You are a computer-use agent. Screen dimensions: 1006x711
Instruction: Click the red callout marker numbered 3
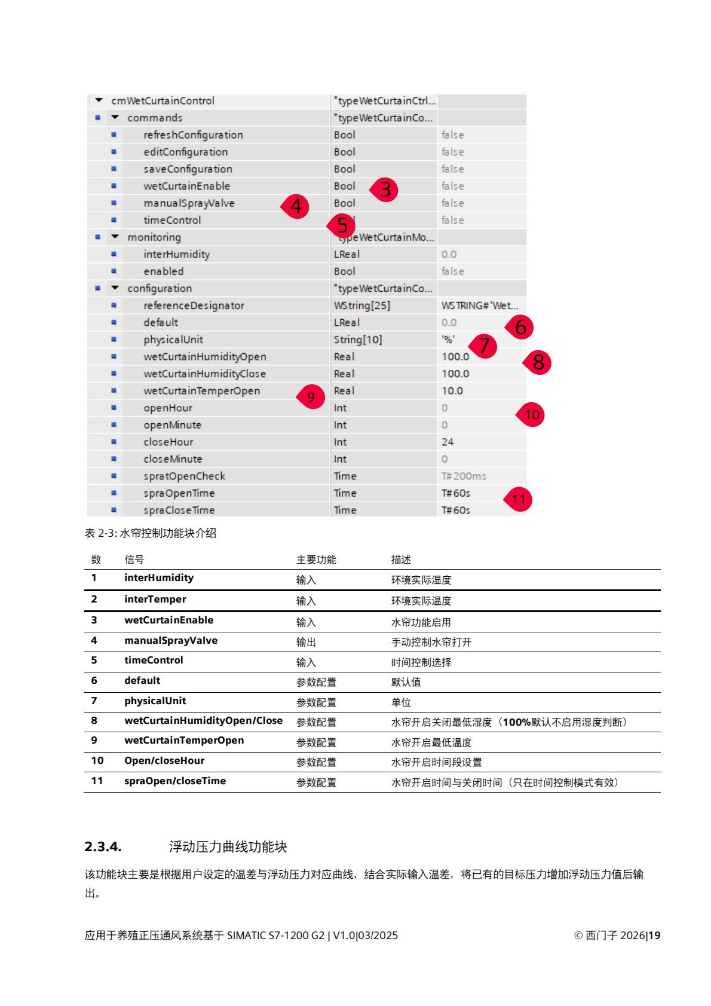tap(385, 189)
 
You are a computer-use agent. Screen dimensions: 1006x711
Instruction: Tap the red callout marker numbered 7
tap(483, 346)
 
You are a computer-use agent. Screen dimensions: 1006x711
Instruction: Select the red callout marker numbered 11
tap(518, 499)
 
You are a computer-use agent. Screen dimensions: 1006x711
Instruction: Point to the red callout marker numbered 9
tap(311, 397)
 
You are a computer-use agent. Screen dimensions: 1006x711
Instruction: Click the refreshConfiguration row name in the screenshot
tap(193, 135)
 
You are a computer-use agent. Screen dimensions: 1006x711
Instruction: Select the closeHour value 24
tap(448, 442)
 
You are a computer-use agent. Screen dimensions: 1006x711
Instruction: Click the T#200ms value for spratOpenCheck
tap(464, 476)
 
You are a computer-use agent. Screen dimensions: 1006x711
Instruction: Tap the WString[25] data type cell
tap(361, 305)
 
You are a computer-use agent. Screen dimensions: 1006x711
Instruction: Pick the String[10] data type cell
tap(358, 340)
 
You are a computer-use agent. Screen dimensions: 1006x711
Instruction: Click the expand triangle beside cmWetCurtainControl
tap(99, 100)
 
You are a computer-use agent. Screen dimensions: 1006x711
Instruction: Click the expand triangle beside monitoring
tap(115, 237)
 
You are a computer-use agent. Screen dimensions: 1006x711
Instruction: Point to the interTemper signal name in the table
tap(155, 599)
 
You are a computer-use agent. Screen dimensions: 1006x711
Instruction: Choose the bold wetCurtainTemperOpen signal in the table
tap(184, 740)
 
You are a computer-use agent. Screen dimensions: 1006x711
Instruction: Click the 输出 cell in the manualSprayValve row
tap(306, 642)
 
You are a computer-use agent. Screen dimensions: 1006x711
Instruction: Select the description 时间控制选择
tap(421, 662)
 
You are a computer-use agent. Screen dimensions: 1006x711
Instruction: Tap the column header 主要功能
tap(316, 559)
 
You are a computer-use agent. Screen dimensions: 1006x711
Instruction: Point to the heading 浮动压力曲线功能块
tap(228, 846)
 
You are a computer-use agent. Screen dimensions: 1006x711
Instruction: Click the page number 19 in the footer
tap(654, 935)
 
